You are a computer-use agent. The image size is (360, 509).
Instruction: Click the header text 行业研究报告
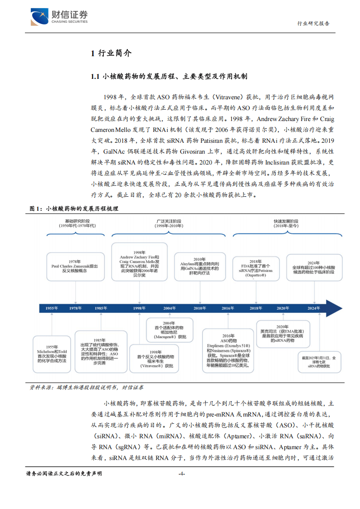coord(313,24)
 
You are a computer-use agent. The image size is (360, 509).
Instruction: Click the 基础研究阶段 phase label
coord(77,223)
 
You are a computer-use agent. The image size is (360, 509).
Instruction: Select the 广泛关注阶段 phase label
coord(168,223)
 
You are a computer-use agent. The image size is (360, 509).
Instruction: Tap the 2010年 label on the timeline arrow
coord(199,308)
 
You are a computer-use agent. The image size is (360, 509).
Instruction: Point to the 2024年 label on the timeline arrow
coord(313,308)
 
